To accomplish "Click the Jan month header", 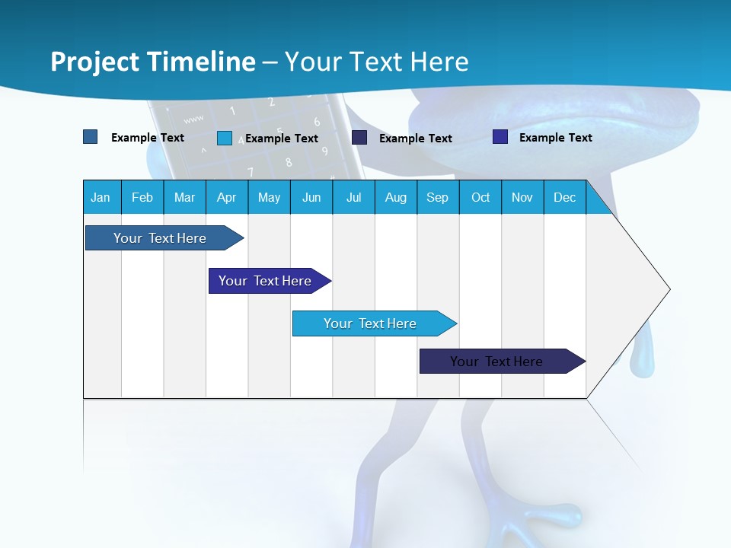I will (101, 198).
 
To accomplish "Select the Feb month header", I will (142, 198).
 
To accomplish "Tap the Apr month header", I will (226, 198).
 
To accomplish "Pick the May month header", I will (269, 198).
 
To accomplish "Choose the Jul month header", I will (353, 198).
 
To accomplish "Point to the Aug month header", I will (396, 198).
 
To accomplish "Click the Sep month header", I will (437, 198).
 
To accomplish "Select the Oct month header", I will (480, 198).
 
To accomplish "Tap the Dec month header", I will (564, 198).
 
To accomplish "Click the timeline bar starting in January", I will (160, 238).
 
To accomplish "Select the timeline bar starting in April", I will (265, 281).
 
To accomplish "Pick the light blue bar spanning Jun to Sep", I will (370, 323).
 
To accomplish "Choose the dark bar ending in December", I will (496, 362).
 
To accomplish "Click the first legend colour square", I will (91, 137).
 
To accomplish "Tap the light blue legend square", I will (225, 138).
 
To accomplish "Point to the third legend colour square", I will (359, 138).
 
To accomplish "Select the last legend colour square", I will (500, 137).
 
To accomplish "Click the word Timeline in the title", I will (201, 62).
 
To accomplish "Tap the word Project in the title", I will (94, 62).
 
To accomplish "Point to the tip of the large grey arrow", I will (668, 289).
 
